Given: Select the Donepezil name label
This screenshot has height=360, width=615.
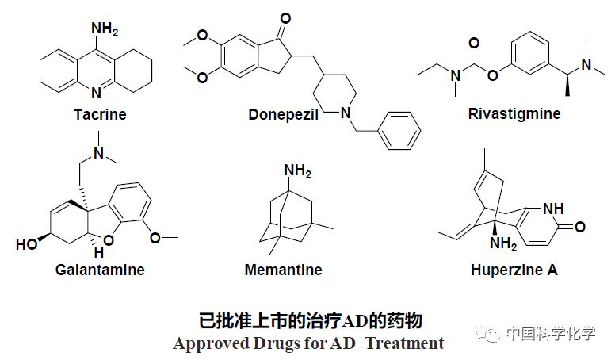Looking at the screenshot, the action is [x=283, y=114].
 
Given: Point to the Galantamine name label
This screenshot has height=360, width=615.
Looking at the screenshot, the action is [x=100, y=270].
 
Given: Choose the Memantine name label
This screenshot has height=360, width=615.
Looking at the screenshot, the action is [x=283, y=270].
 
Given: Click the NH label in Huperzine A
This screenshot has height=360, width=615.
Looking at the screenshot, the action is [x=555, y=209].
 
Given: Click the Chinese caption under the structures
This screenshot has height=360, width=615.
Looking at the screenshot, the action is [x=308, y=320].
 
